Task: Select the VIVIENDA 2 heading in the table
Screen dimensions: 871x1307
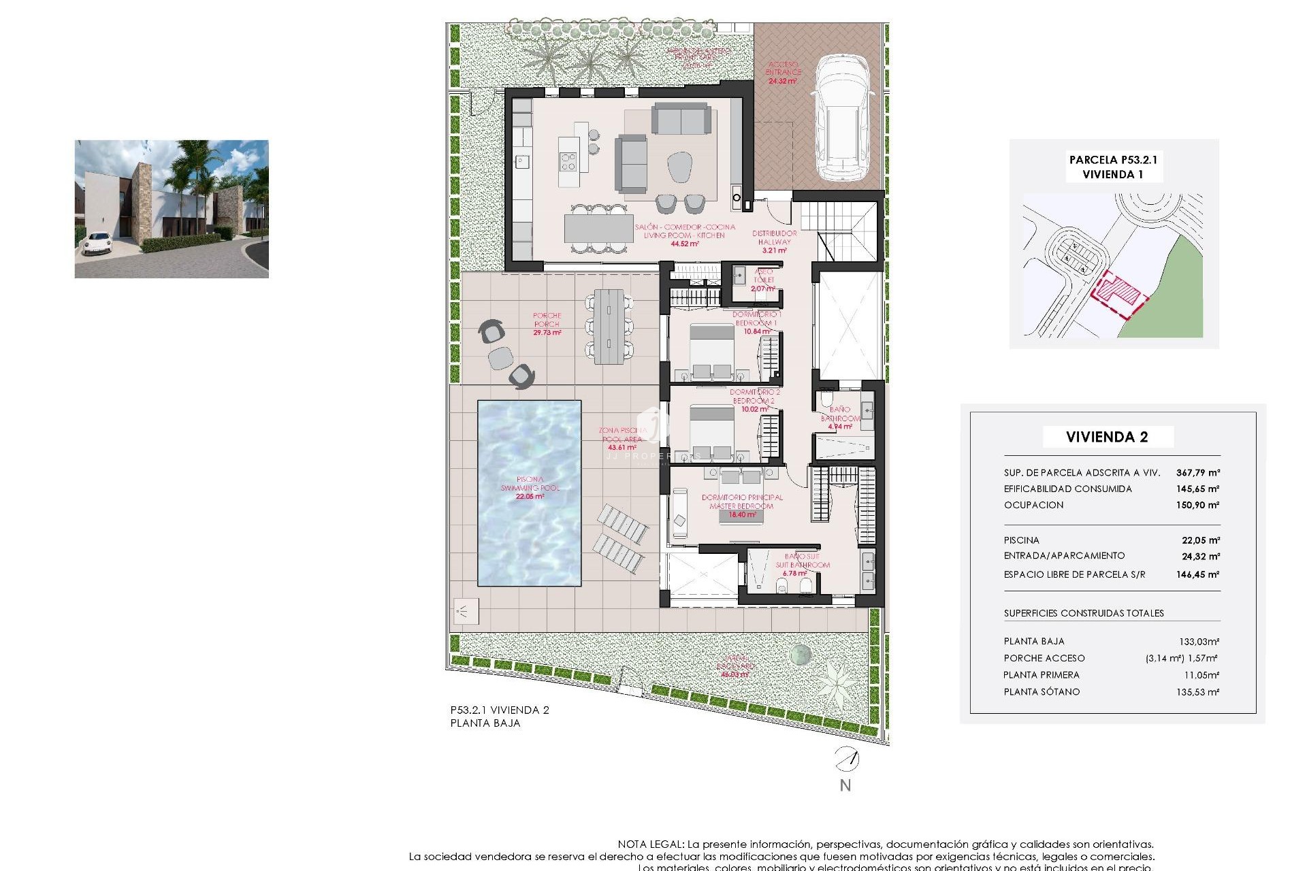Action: (x=1107, y=437)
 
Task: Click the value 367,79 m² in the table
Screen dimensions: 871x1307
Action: (x=1197, y=472)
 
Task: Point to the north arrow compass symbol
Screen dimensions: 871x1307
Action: (x=847, y=758)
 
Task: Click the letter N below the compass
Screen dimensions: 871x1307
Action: (x=845, y=785)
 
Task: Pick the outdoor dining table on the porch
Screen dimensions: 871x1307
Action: (x=609, y=326)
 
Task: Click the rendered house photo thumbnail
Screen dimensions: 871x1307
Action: (x=172, y=209)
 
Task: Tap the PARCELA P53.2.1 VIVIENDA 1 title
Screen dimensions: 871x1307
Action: (x=1113, y=167)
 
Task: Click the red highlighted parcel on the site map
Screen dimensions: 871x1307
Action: (x=1116, y=294)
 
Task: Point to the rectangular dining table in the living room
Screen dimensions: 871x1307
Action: (x=598, y=229)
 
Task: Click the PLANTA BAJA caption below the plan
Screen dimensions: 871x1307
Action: (x=485, y=723)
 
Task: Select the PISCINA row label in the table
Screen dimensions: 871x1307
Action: (x=1021, y=540)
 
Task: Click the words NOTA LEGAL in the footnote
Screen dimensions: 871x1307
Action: (x=649, y=844)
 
